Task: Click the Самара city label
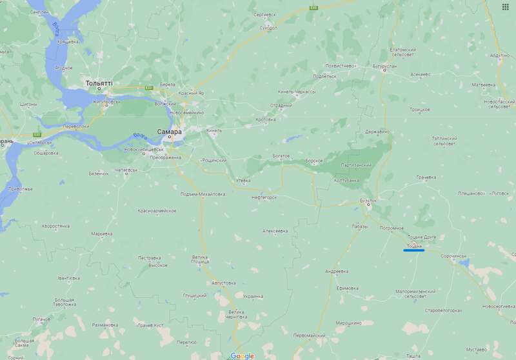pos(169,131)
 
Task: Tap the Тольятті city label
pos(99,83)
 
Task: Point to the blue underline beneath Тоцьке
pos(413,250)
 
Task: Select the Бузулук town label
pos(368,201)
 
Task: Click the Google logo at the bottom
pos(242,355)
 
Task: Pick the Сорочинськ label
pos(453,256)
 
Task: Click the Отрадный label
pos(281,106)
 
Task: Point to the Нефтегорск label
pos(264,197)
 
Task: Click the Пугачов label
pos(41,319)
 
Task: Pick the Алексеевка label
pos(275,230)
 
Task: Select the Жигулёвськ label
pos(106,101)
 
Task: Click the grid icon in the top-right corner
pos(506,6)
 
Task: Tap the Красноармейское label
pos(157,211)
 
